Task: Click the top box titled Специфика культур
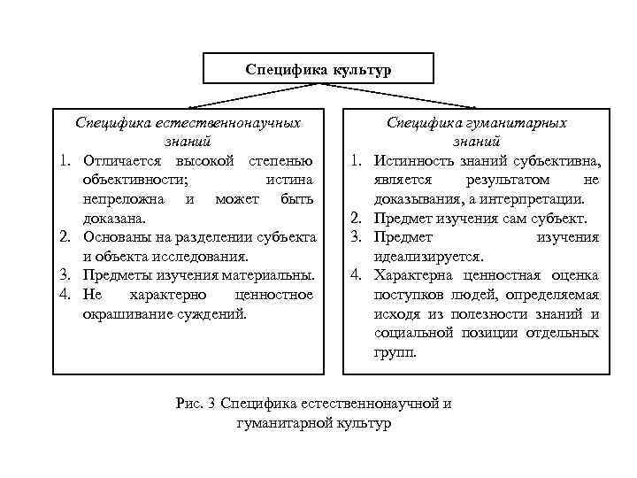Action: click(318, 69)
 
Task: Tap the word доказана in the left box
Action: click(115, 218)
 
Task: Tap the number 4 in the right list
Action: click(354, 275)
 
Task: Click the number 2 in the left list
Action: click(65, 237)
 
